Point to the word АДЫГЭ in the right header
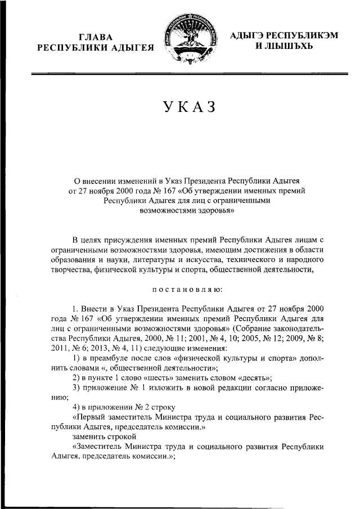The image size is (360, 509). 250,35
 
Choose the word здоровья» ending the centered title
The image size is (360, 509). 213,211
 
